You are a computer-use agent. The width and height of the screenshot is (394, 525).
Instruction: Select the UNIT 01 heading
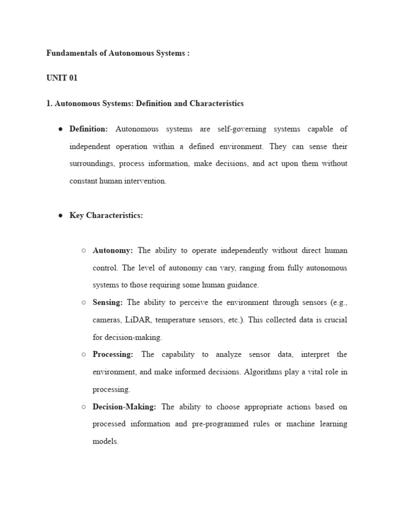(62, 78)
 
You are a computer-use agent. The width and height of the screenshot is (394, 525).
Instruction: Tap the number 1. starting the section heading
(49, 103)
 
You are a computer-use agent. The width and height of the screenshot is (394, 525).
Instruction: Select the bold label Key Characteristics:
(106, 215)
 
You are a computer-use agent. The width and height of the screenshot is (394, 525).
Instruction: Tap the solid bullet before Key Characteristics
(61, 216)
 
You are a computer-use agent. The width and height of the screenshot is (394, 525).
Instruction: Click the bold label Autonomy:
(113, 251)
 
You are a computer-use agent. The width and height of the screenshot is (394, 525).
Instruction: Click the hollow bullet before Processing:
(84, 355)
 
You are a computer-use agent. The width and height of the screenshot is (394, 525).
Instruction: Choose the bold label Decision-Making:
(125, 407)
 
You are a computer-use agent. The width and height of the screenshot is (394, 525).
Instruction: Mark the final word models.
(105, 441)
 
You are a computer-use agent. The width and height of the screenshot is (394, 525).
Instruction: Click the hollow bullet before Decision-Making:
(84, 407)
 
